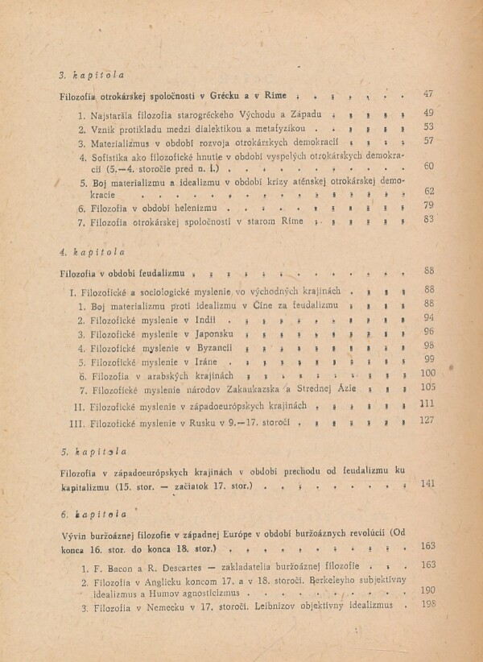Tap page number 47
(x=428, y=95)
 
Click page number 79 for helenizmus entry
(x=428, y=206)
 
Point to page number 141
(x=427, y=483)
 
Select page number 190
(x=427, y=590)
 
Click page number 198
(x=427, y=605)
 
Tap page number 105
(x=427, y=387)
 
